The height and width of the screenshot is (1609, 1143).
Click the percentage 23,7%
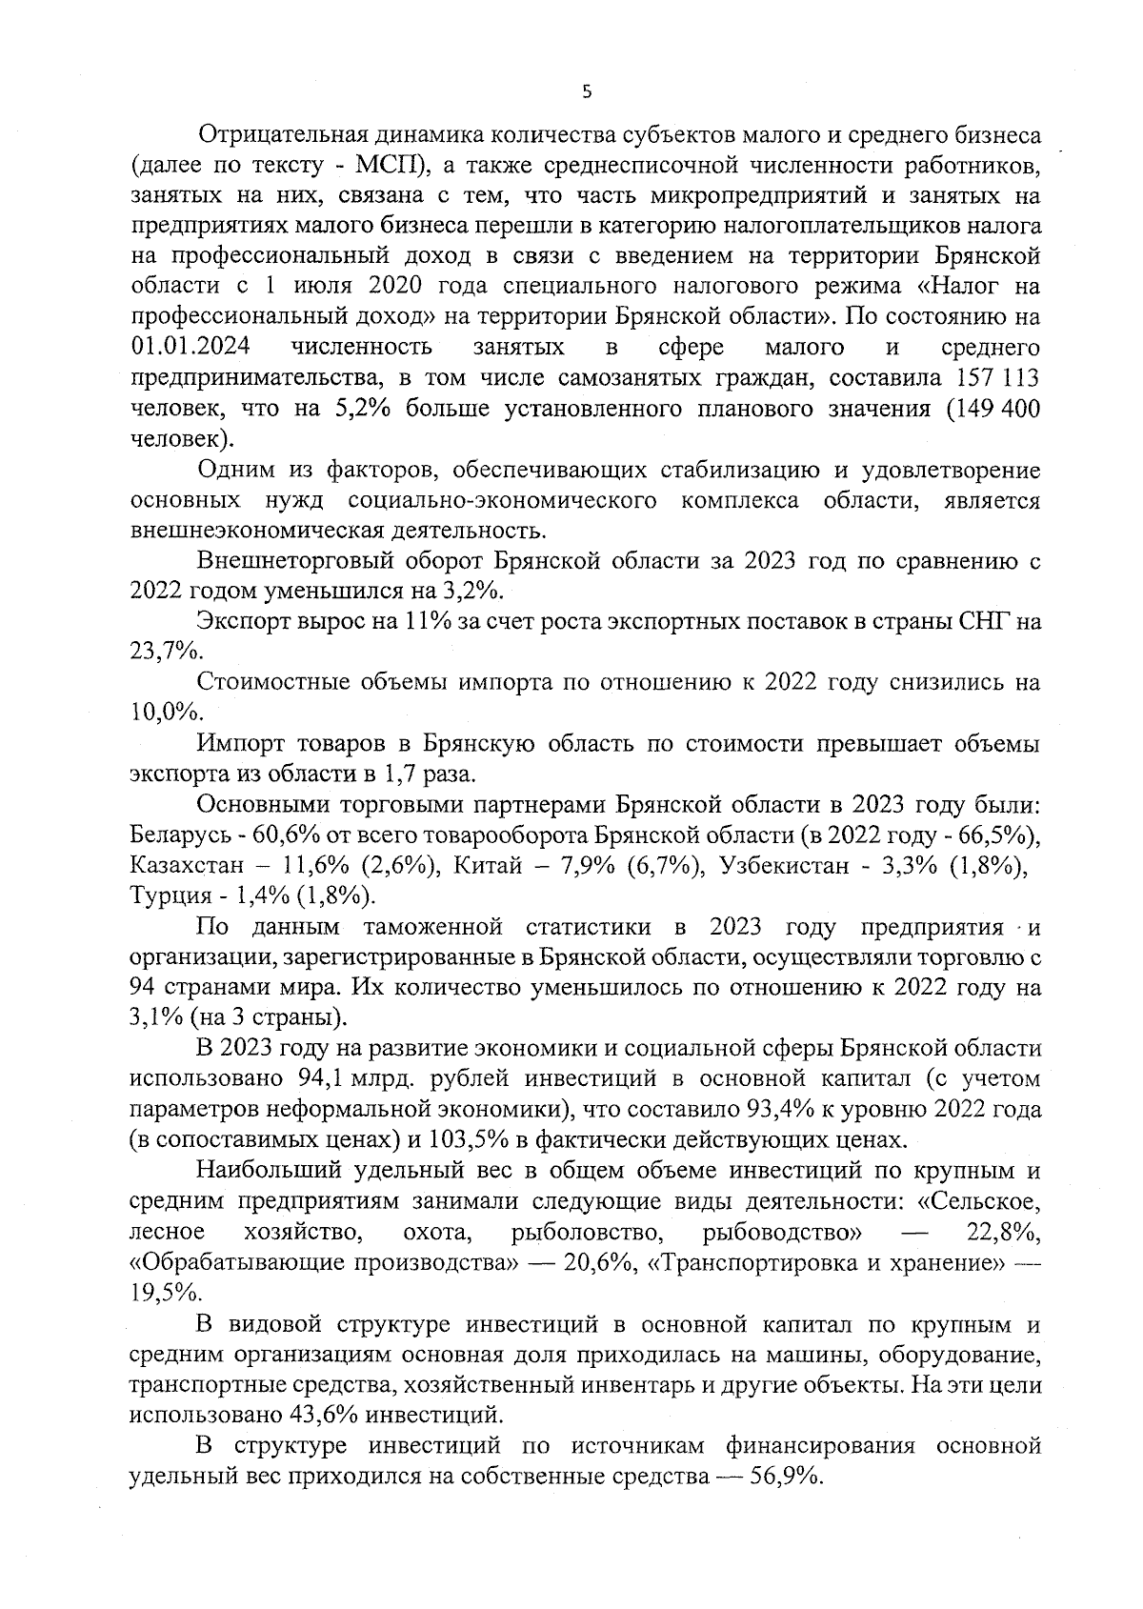coord(164,652)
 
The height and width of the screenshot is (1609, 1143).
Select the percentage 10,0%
coord(164,713)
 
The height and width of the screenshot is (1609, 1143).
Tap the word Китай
coord(485,865)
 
